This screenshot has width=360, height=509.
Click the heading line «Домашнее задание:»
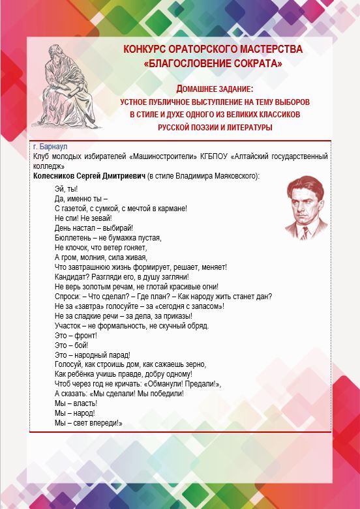[215, 88]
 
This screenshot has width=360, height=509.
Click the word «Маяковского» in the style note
[233, 176]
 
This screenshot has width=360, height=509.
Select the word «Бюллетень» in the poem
[72, 238]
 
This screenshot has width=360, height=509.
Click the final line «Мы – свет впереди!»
[89, 423]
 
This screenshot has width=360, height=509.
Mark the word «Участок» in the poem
[68, 325]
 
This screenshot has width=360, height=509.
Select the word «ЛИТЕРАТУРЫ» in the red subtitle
[248, 127]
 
